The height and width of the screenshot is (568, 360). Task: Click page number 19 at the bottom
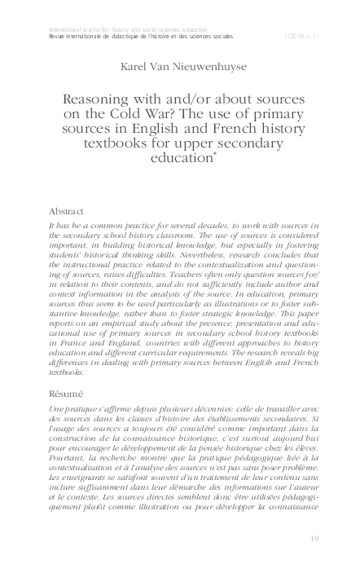[316, 540]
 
